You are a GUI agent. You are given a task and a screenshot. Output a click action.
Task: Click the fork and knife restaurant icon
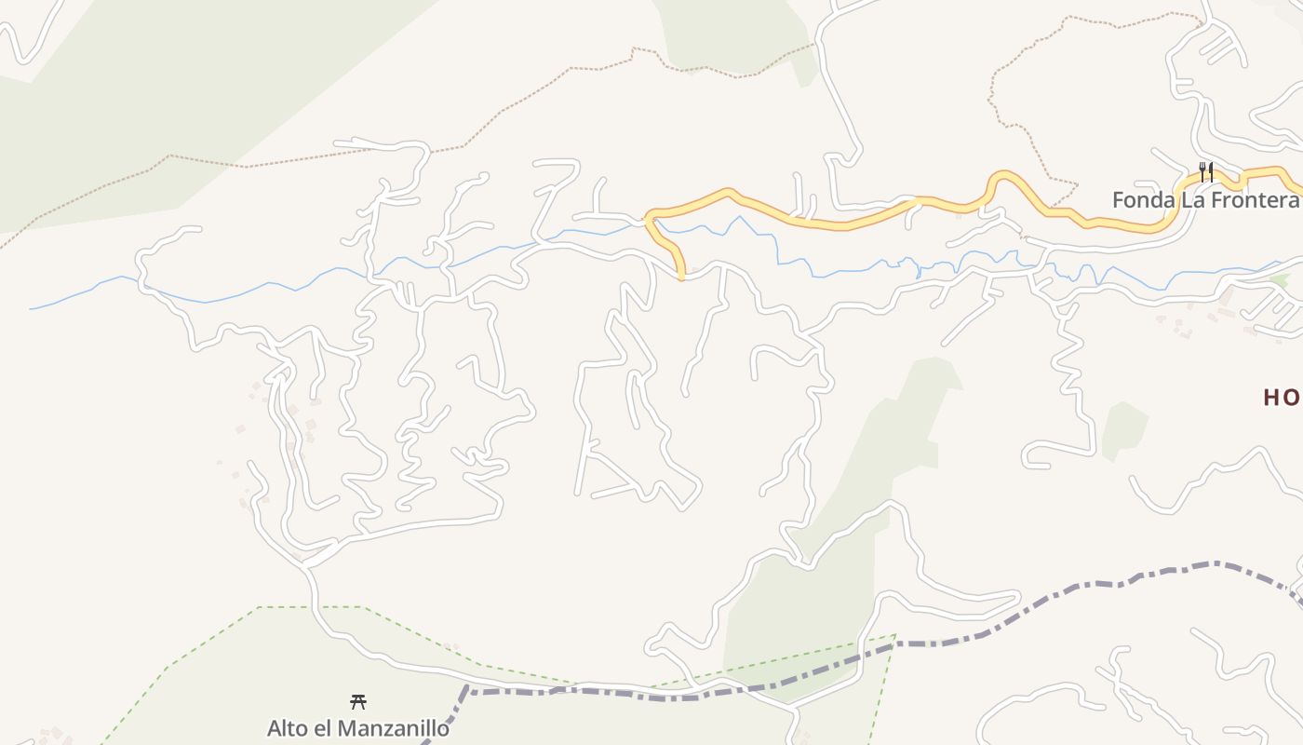pyautogui.click(x=1206, y=172)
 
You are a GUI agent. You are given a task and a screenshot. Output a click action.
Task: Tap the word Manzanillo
pyautogui.click(x=392, y=728)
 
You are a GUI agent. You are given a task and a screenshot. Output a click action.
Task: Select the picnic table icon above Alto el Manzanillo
pyautogui.click(x=357, y=702)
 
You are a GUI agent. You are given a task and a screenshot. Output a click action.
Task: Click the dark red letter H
pyautogui.click(x=1272, y=398)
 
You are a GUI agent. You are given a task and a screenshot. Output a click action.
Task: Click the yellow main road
pyautogui.click(x=838, y=223)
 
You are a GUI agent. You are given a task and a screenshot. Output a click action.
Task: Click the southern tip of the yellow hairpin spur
pyautogui.click(x=682, y=276)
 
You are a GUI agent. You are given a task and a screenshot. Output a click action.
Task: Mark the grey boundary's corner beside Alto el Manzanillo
pyautogui.click(x=469, y=692)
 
